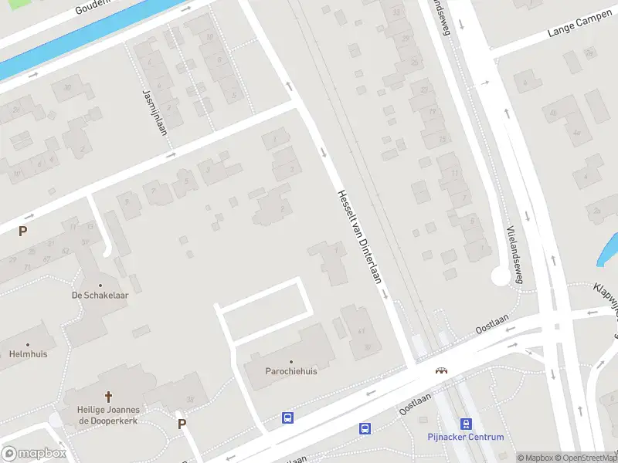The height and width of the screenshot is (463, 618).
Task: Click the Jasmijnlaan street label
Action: pyautogui.click(x=154, y=113)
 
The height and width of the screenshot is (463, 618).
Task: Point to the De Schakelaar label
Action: pyautogui.click(x=100, y=296)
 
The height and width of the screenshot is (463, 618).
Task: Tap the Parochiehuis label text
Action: pyautogui.click(x=292, y=371)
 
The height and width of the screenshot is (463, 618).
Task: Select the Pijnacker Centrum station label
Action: pyautogui.click(x=466, y=437)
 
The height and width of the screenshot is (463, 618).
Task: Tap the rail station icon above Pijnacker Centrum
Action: pyautogui.click(x=466, y=424)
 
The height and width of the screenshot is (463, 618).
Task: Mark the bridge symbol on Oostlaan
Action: pyautogui.click(x=442, y=370)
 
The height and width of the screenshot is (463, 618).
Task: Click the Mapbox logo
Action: pyautogui.click(x=34, y=453)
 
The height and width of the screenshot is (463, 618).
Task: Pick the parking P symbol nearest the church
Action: pyautogui.click(x=182, y=424)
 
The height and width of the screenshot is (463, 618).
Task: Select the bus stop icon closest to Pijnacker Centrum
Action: pyautogui.click(x=365, y=428)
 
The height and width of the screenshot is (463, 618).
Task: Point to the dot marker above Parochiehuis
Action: pyautogui.click(x=292, y=361)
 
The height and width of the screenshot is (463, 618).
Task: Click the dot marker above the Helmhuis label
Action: pyautogui.click(x=28, y=345)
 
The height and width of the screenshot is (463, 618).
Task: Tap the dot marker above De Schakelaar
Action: pyautogui.click(x=100, y=286)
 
